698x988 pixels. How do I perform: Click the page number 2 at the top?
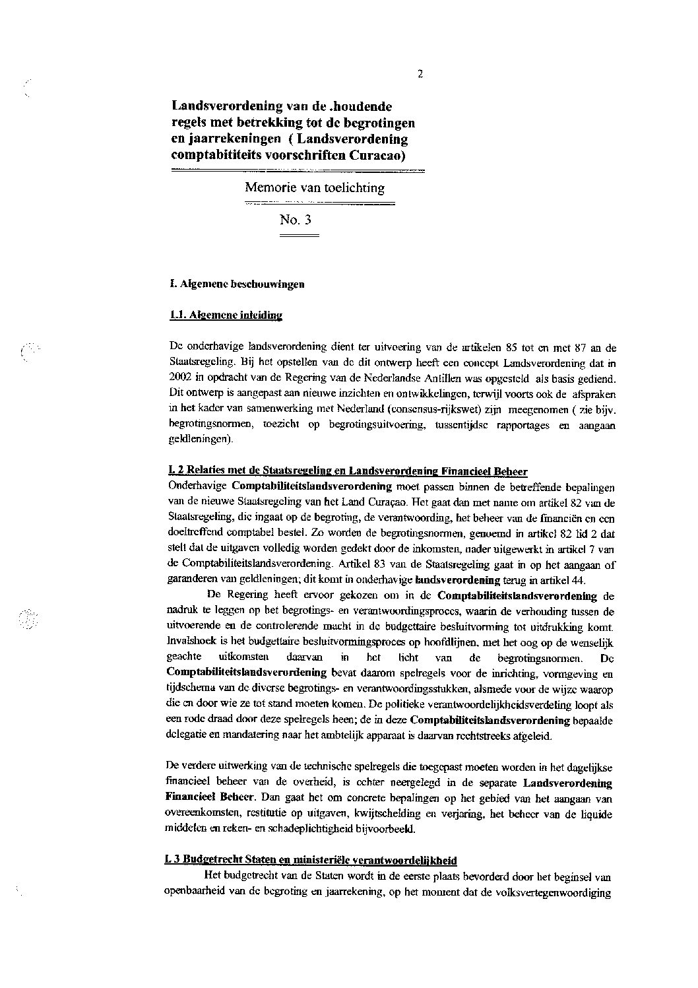420,74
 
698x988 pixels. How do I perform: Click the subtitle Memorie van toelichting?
315,187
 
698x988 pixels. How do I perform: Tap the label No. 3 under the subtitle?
295,220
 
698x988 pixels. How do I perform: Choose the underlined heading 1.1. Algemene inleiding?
226,315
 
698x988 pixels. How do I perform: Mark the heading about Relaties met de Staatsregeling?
348,471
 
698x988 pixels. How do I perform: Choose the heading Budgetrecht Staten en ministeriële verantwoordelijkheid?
311,861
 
